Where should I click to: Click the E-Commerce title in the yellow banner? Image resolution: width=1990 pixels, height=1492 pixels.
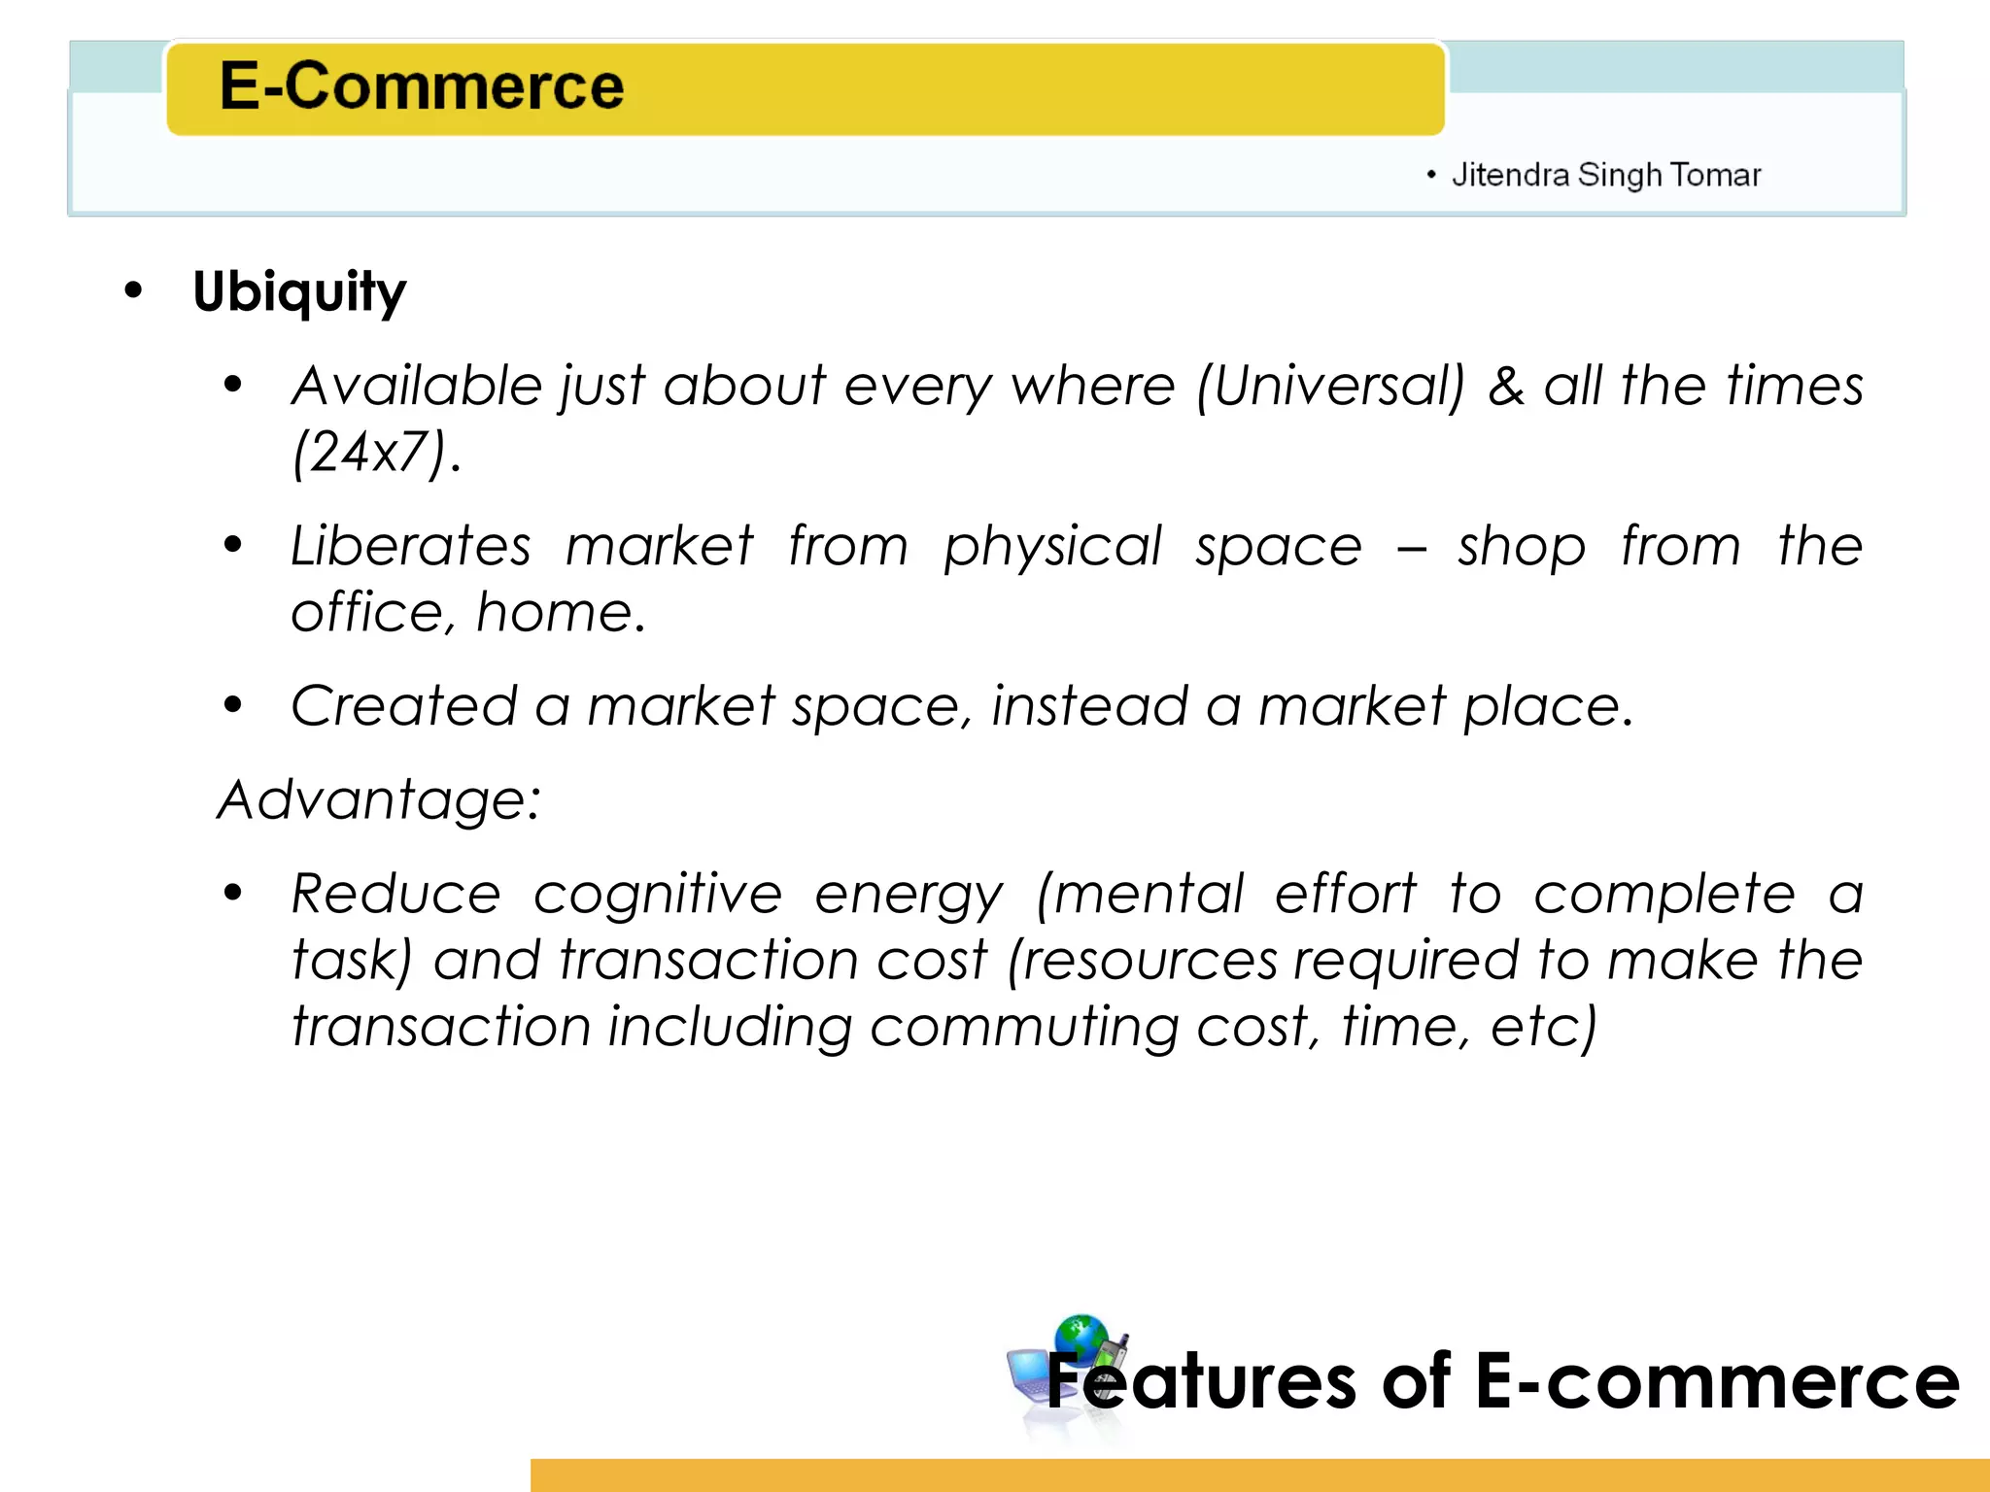[421, 85]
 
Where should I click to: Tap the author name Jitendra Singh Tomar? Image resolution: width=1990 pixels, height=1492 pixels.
[1605, 175]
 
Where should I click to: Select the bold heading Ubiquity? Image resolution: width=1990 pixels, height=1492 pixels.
[299, 291]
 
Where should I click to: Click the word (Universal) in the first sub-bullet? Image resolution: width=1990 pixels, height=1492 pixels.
[1330, 386]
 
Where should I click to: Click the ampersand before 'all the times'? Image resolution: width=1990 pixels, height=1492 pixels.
[1505, 386]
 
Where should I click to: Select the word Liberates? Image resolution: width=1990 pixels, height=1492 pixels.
[411, 545]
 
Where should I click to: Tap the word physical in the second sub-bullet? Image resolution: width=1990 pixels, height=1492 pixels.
[1052, 547]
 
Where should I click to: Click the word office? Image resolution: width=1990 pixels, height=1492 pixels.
[373, 612]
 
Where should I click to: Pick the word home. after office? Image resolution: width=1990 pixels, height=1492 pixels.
[561, 612]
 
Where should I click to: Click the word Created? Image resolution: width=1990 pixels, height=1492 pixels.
[403, 705]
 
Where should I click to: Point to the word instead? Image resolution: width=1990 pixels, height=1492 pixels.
[1089, 705]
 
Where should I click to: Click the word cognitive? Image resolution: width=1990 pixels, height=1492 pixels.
[658, 894]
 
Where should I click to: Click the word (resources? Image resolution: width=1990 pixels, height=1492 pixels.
[1142, 961]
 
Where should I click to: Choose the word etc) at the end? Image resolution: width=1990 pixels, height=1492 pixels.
[1544, 1027]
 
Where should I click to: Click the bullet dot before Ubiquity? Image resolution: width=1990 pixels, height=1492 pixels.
[133, 290]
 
